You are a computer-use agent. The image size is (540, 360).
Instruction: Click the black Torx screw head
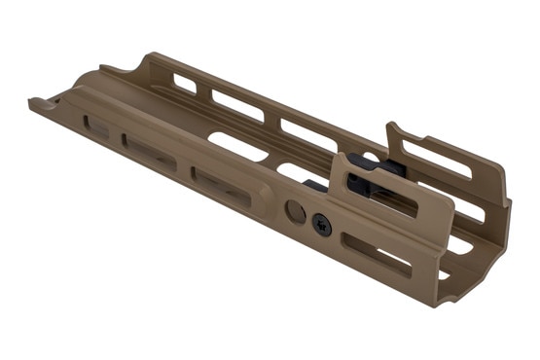click(322, 225)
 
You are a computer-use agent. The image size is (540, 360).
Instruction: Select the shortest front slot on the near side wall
click(96, 126)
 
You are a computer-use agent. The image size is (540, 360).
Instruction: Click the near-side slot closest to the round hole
click(221, 187)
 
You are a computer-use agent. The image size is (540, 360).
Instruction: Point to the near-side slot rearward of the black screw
click(376, 254)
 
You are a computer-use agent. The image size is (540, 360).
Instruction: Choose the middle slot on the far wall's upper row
click(238, 106)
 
